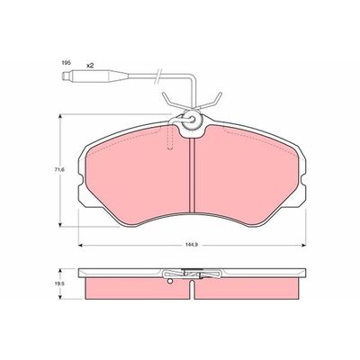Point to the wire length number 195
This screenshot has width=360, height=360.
(x=66, y=63)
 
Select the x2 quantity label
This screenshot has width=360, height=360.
(x=90, y=66)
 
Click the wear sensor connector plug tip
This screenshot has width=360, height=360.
(x=64, y=76)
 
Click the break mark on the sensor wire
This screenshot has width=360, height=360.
(x=157, y=76)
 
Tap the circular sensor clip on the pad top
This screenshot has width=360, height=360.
(x=191, y=121)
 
